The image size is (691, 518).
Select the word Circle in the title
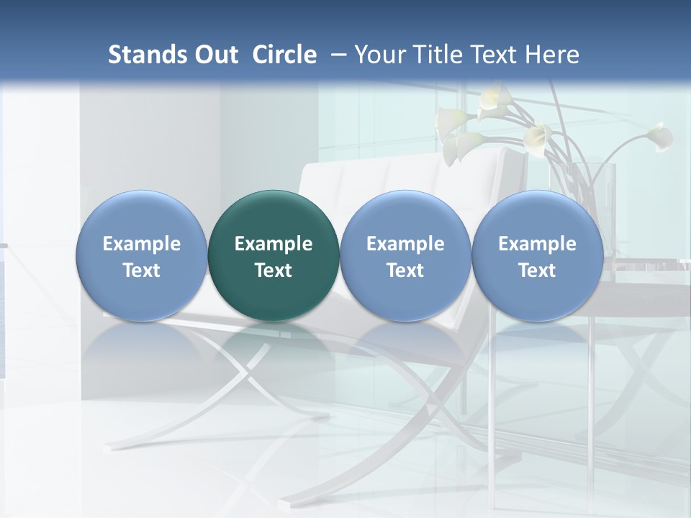(x=284, y=55)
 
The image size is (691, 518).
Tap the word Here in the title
(x=552, y=55)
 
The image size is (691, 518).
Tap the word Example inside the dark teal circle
(x=274, y=244)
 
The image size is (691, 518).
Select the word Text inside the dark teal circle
(x=274, y=271)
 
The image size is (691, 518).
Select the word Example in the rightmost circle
(x=537, y=244)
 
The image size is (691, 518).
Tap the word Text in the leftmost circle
(x=141, y=271)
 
